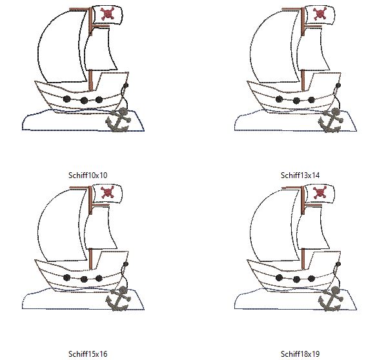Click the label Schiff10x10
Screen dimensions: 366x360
tap(88, 175)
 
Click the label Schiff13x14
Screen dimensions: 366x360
tap(300, 175)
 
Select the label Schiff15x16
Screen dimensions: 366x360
tap(88, 354)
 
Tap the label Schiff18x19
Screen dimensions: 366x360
tap(300, 354)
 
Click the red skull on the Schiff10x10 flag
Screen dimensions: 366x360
tap(107, 14)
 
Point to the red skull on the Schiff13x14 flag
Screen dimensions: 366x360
tap(320, 14)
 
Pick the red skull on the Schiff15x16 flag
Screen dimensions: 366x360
tap(107, 192)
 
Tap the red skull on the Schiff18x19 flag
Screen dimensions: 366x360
tap(320, 193)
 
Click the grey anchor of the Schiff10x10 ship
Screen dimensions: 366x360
tap(118, 121)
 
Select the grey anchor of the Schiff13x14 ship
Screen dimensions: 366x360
tap(330, 121)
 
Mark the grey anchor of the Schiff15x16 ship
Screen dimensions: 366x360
tap(118, 299)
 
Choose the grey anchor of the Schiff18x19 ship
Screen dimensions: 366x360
tap(330, 299)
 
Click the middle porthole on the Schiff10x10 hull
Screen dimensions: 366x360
tap(84, 101)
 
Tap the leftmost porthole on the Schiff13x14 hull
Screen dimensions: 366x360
tap(279, 99)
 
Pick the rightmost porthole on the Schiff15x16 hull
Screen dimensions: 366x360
tap(99, 278)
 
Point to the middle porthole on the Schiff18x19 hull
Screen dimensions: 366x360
tap(296, 279)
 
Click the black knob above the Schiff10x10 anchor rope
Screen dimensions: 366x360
tap(126, 85)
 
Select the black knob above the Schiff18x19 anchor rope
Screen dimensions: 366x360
tap(338, 265)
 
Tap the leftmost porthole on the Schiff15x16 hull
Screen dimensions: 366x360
tap(67, 277)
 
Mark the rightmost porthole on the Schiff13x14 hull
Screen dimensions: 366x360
tap(311, 100)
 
